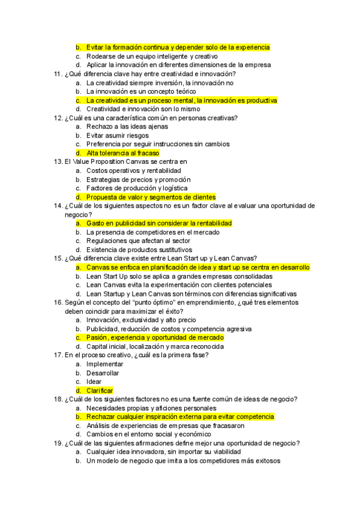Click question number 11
58,74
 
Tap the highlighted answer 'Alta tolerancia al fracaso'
122,153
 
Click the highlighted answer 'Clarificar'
100,390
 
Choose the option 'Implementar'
104,364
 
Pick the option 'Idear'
94,382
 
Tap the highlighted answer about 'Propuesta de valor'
151,197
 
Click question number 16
58,303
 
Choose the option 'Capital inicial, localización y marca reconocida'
155,346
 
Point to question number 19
58,443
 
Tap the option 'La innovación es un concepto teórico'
142,91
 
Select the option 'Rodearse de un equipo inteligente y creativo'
152,56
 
